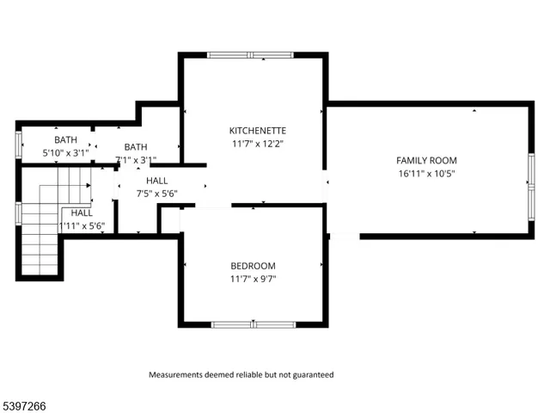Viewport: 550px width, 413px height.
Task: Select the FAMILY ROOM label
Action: point(426,160)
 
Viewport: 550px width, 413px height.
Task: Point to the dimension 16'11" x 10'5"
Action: point(426,174)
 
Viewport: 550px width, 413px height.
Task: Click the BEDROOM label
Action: point(253,266)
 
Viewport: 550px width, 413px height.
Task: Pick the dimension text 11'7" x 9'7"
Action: point(253,279)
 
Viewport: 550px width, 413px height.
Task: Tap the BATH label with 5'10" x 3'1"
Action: point(65,139)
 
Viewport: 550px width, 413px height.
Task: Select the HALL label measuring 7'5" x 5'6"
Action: point(157,180)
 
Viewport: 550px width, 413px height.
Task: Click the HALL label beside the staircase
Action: point(82,213)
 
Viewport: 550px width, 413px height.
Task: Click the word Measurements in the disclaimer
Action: point(177,375)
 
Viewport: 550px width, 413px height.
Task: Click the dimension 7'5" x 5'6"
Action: point(157,194)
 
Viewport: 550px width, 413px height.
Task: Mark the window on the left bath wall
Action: point(19,145)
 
